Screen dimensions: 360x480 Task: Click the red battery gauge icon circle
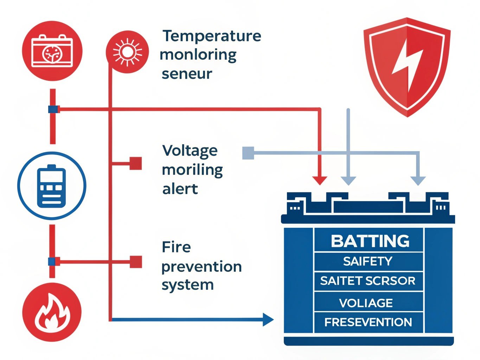click(x=52, y=51)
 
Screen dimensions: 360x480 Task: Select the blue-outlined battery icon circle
click(x=52, y=186)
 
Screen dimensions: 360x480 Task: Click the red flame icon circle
click(x=52, y=313)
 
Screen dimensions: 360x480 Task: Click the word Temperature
click(x=212, y=36)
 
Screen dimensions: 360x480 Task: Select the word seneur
click(x=187, y=74)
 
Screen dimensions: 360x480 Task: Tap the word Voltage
click(x=190, y=151)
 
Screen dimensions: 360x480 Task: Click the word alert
click(x=180, y=189)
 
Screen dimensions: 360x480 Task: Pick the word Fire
click(x=176, y=247)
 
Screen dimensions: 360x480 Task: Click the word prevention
click(x=201, y=266)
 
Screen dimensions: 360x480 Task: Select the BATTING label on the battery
click(x=370, y=241)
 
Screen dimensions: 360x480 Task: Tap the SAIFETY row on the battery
click(x=367, y=261)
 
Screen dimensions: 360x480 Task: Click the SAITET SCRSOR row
click(x=367, y=281)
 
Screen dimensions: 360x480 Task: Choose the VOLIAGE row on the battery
click(x=366, y=303)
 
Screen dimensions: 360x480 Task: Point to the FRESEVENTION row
click(x=368, y=322)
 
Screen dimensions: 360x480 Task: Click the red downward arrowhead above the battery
click(x=320, y=180)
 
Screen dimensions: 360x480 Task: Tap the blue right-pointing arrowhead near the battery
click(x=268, y=320)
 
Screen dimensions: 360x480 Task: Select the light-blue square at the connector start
click(x=248, y=153)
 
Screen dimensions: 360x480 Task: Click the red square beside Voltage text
click(x=136, y=163)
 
